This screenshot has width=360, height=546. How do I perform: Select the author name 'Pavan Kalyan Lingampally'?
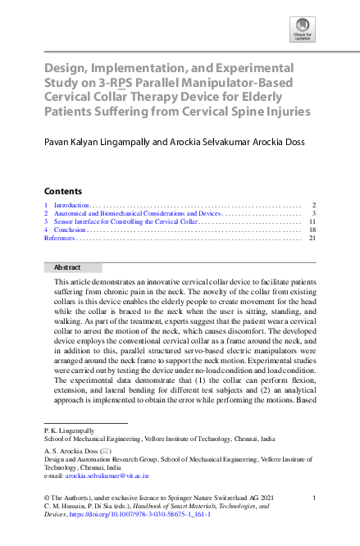[x=104, y=142]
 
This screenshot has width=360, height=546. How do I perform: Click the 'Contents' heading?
[x=62, y=190]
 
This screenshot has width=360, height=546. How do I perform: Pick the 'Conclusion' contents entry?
[x=71, y=230]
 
